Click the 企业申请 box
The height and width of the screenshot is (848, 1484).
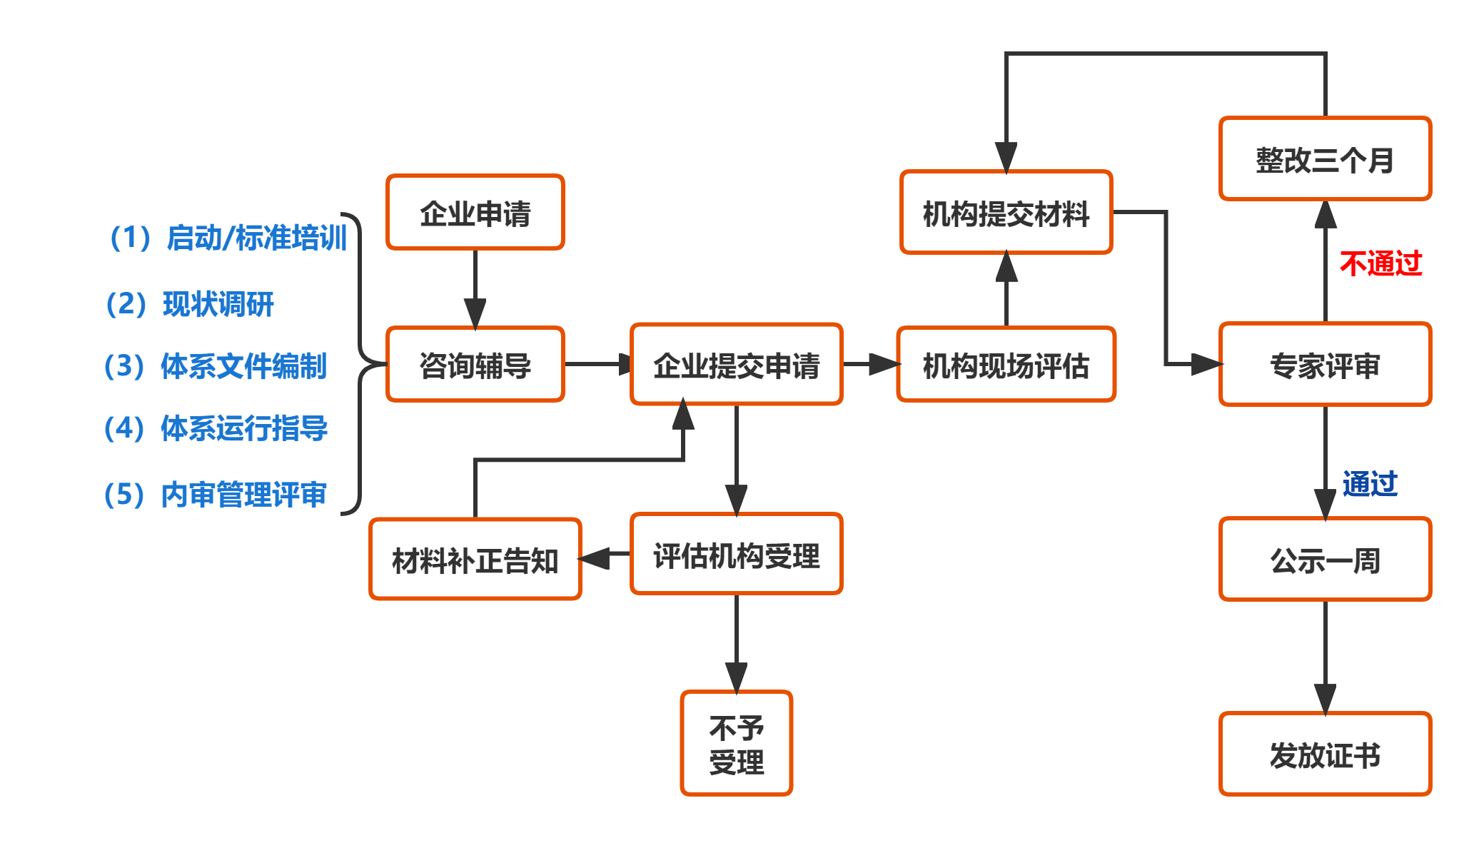click(x=475, y=213)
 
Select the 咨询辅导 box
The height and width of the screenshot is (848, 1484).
click(x=475, y=365)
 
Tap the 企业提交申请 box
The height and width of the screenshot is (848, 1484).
click(x=736, y=365)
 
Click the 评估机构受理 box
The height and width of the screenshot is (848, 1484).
click(x=736, y=555)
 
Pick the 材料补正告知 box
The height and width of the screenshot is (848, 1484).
click(x=475, y=560)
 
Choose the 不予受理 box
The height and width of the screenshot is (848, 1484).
click(x=736, y=744)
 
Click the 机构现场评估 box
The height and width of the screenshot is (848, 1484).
click(x=1006, y=365)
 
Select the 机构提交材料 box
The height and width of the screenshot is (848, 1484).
click(x=1006, y=213)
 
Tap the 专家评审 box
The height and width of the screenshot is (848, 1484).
click(x=1325, y=365)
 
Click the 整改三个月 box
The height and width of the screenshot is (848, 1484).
click(x=1325, y=159)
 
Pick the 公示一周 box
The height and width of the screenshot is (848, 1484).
click(x=1325, y=560)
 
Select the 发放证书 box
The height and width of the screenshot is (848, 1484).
click(x=1325, y=754)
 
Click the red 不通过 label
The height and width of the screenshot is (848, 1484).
click(x=1380, y=263)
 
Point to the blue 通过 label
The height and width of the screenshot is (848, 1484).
click(x=1369, y=484)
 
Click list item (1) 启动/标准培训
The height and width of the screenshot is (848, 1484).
click(x=228, y=238)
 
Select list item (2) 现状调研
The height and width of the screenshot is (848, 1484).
click(x=190, y=304)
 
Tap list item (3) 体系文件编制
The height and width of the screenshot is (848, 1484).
click(x=215, y=366)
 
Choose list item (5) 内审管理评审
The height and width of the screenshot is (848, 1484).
click(x=215, y=494)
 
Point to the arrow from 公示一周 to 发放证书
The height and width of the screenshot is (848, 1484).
click(x=1325, y=657)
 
